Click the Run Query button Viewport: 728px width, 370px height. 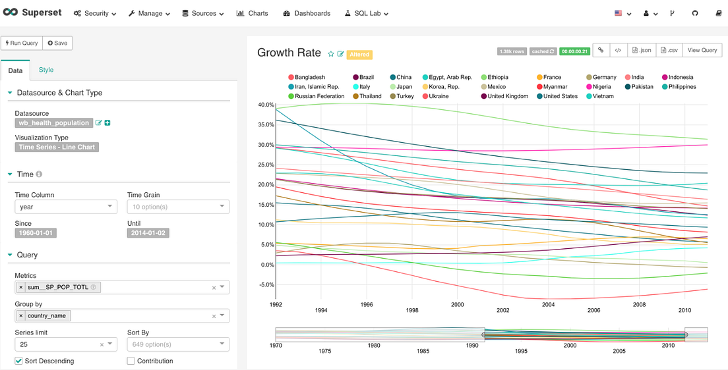(22, 43)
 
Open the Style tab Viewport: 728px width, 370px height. (46, 70)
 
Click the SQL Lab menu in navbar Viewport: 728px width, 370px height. (367, 13)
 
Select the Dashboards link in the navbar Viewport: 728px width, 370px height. (307, 13)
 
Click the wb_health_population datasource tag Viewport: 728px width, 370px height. (54, 123)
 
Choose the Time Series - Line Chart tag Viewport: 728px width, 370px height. (57, 147)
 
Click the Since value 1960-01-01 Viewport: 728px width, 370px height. (36, 233)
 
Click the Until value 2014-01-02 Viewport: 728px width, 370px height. (148, 233)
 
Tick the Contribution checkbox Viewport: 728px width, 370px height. (131, 361)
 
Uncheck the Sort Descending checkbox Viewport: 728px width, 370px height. (18, 361)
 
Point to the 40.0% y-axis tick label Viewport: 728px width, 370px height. (266, 105)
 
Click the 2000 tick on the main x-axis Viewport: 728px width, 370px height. (458, 305)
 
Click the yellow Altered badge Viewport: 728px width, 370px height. (359, 55)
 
